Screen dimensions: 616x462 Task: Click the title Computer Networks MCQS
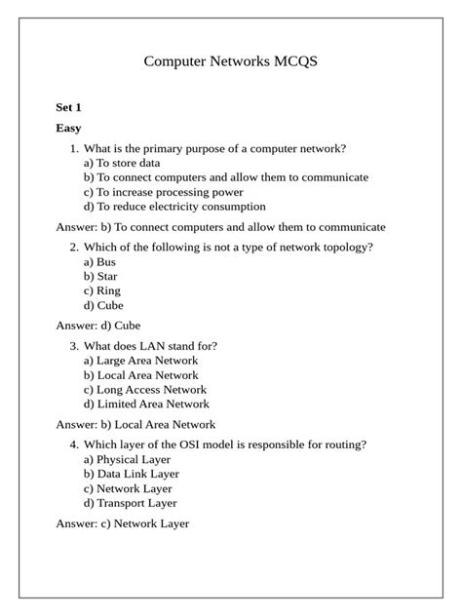pyautogui.click(x=231, y=61)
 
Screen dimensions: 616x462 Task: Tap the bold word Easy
pyautogui.click(x=69, y=128)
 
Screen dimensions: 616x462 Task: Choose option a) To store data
pyautogui.click(x=121, y=163)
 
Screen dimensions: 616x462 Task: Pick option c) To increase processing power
pyautogui.click(x=163, y=192)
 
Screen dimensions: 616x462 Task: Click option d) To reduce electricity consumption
pyautogui.click(x=173, y=207)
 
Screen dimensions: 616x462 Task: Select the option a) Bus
pyautogui.click(x=99, y=262)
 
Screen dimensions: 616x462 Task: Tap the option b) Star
pyautogui.click(x=100, y=277)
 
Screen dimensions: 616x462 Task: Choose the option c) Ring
pyautogui.click(x=102, y=290)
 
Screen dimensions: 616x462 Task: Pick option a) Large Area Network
pyautogui.click(x=140, y=361)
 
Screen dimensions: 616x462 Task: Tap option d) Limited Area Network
pyautogui.click(x=146, y=404)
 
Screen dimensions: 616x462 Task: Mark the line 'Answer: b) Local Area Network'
pyautogui.click(x=135, y=424)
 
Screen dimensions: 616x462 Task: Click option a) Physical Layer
pyautogui.click(x=127, y=459)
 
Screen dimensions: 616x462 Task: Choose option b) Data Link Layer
pyautogui.click(x=132, y=474)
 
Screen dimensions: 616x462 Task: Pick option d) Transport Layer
pyautogui.click(x=130, y=503)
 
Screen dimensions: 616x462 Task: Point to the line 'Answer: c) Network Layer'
pyautogui.click(x=123, y=523)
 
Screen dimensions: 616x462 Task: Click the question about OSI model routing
pyautogui.click(x=225, y=444)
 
